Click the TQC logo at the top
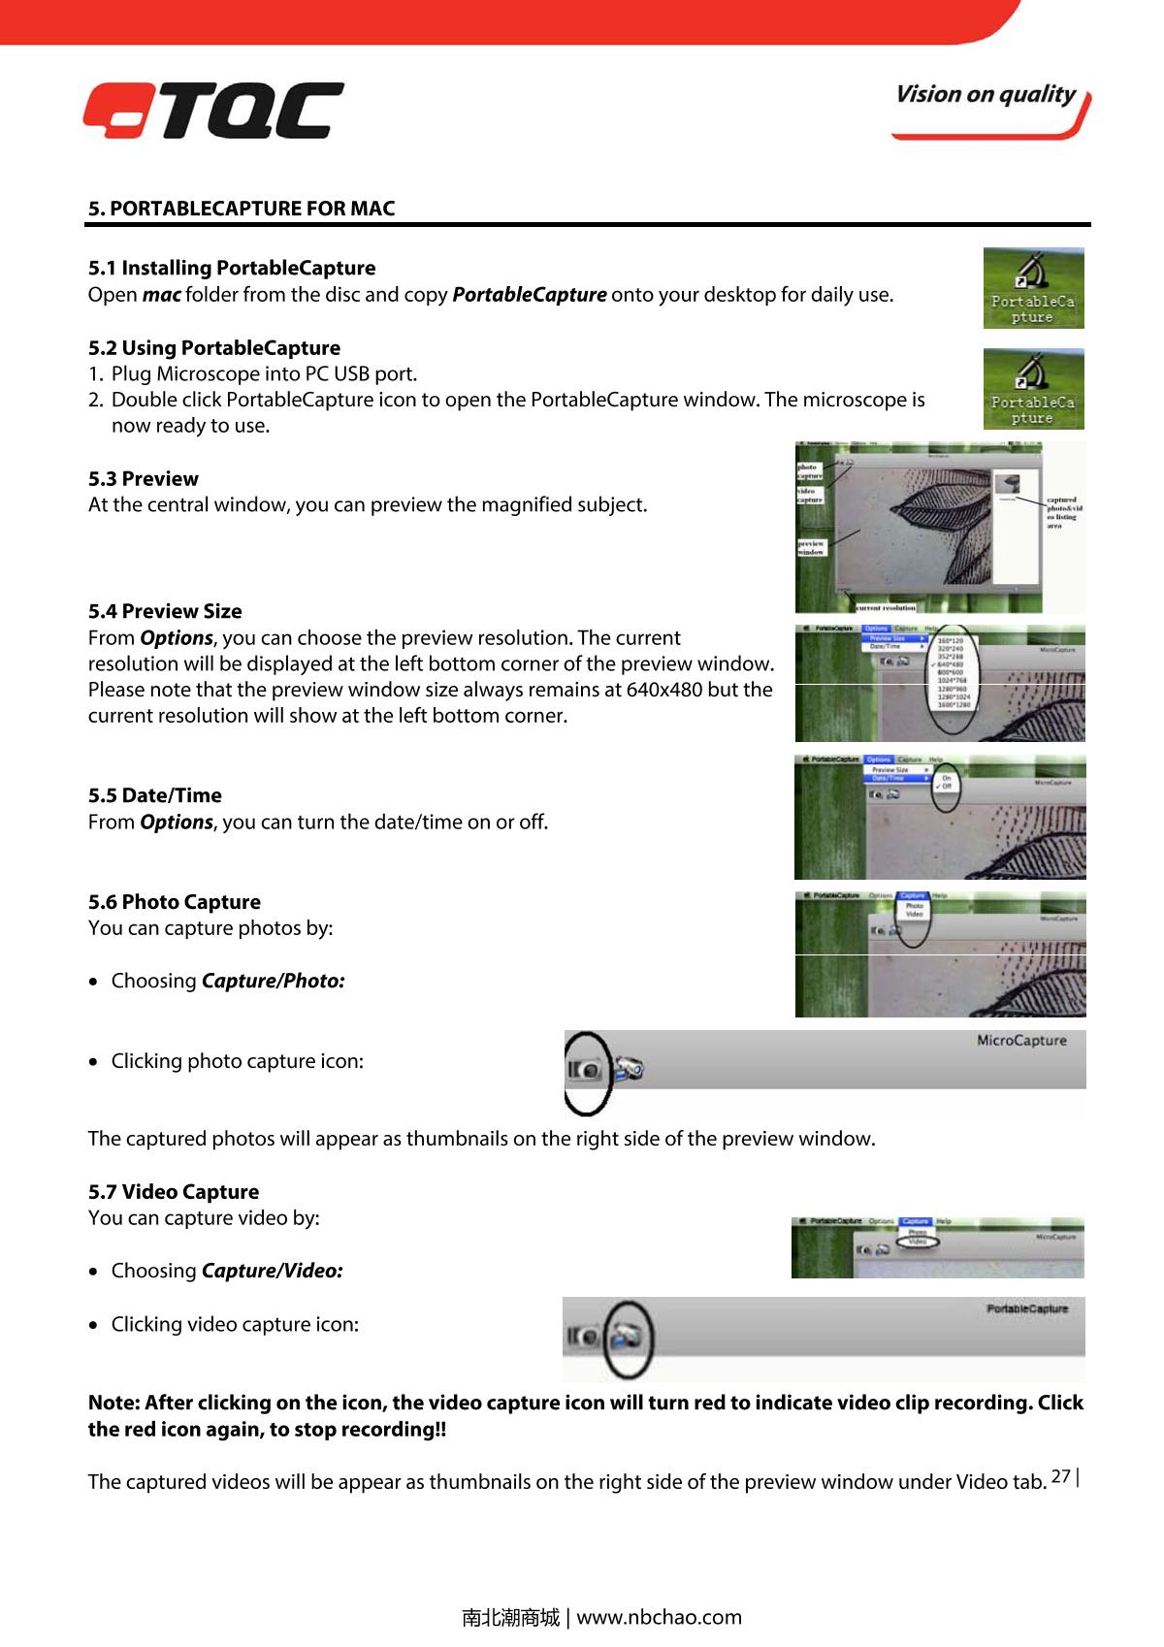tap(212, 110)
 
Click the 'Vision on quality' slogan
tap(985, 95)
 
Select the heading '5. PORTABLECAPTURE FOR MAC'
tap(242, 209)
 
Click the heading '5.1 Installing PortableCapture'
tap(232, 268)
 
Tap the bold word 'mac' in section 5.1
tap(161, 295)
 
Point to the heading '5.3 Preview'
tap(143, 479)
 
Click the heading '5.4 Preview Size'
tap(165, 612)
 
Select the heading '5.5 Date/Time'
tap(154, 796)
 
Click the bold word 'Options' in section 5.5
tap(176, 823)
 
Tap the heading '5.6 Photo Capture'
tap(174, 903)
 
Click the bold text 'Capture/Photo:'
tap(273, 982)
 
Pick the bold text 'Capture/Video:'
tap(272, 1272)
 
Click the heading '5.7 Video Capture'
tap(174, 1193)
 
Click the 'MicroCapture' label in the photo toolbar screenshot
tap(1020, 1041)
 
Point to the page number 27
tap(1060, 1477)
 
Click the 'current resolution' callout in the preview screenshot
tap(886, 608)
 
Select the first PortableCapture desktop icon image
tap(1033, 288)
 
